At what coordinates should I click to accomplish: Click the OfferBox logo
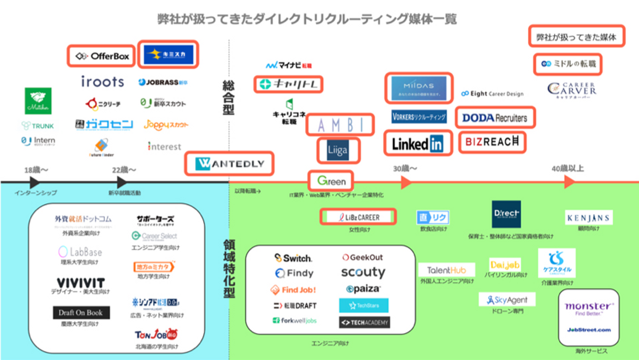[x=101, y=56]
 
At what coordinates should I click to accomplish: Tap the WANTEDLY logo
[x=229, y=164]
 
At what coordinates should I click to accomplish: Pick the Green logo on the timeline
[x=331, y=181]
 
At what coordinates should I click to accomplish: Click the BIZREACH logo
[x=492, y=142]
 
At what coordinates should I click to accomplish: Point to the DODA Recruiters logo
[x=495, y=118]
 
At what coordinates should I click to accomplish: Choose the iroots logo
[x=103, y=82]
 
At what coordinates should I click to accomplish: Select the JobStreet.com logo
[x=589, y=330]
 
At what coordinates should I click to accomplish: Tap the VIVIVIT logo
[x=80, y=283]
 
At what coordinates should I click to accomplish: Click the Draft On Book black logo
[x=81, y=313]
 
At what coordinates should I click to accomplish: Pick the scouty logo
[x=363, y=272]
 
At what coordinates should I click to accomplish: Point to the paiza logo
[x=363, y=289]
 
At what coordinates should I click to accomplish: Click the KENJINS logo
[x=589, y=218]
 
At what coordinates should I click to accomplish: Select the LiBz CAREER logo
[x=359, y=217]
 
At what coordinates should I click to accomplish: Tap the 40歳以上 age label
[x=568, y=169]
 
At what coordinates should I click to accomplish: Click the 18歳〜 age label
[x=36, y=170]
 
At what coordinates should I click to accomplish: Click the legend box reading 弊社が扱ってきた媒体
[x=576, y=37]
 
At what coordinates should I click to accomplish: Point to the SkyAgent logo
[x=507, y=300]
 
